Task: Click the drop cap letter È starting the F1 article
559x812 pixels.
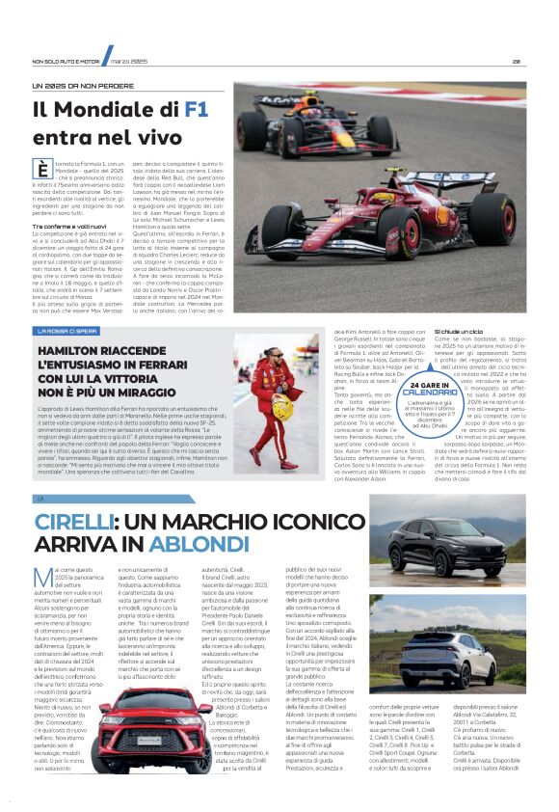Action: tap(41, 171)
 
